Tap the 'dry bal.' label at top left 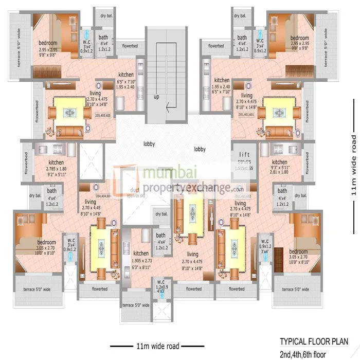[x=106, y=16]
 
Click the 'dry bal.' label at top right [x=241, y=16]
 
